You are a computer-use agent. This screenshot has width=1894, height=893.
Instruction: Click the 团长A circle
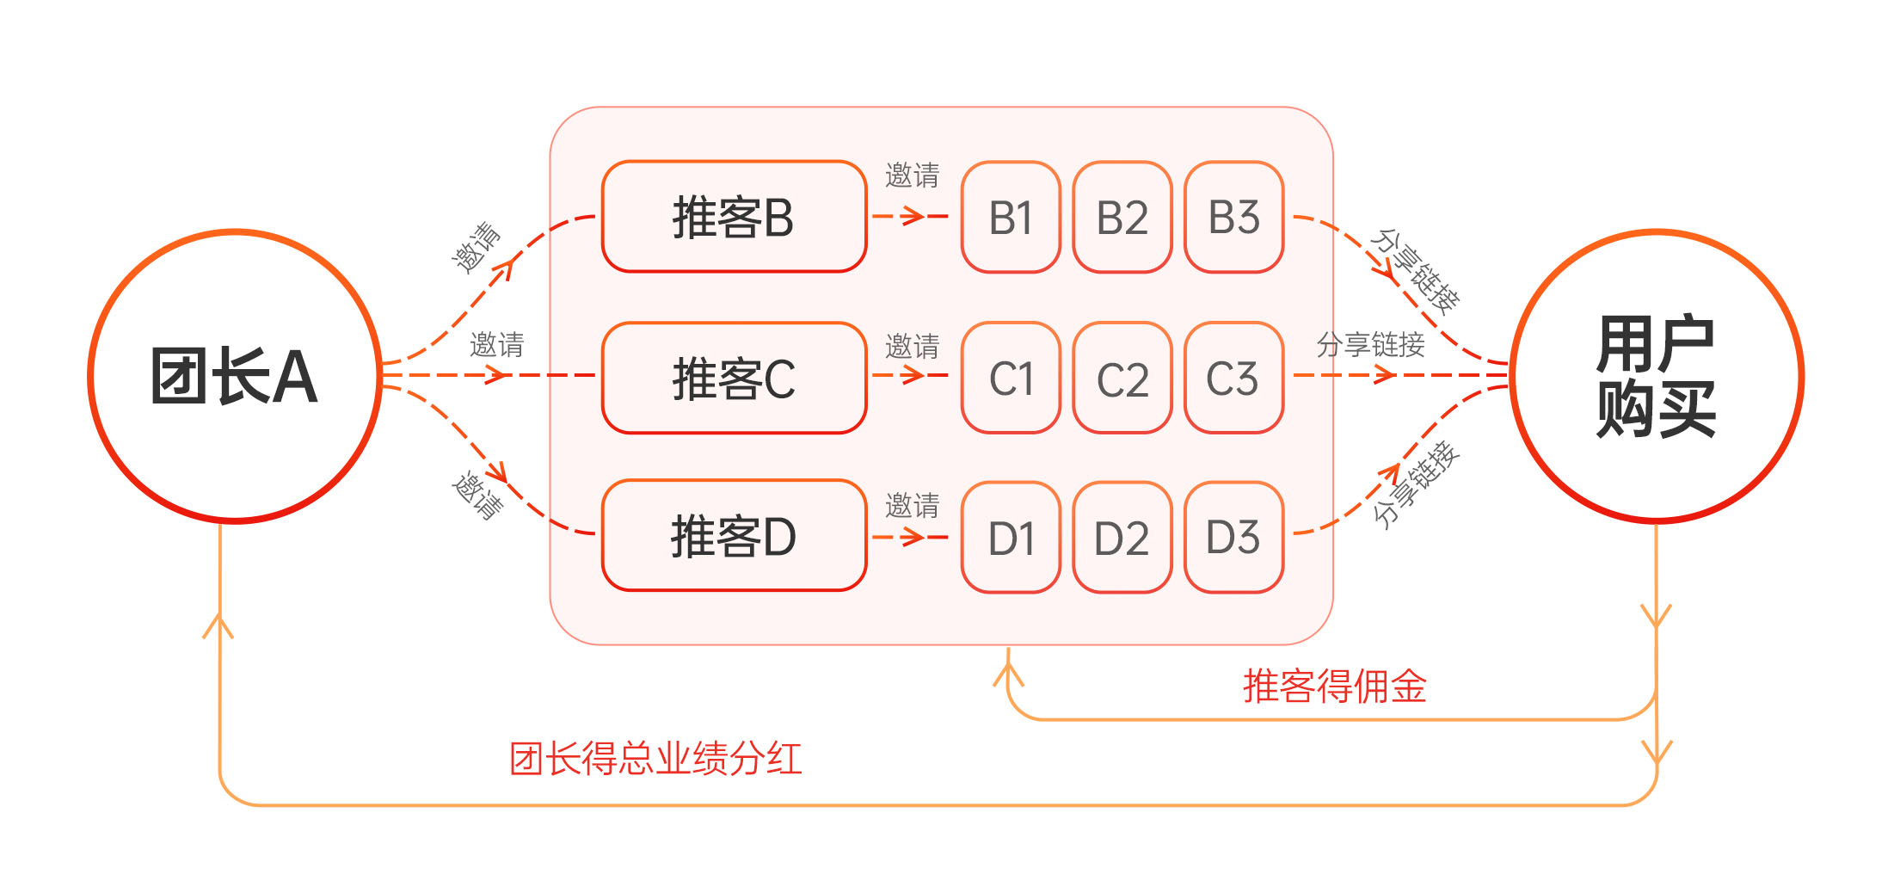click(235, 376)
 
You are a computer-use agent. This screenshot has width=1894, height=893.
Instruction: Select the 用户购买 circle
click(1656, 376)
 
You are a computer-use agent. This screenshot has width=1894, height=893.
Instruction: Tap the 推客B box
click(734, 217)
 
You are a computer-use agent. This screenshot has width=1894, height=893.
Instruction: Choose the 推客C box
click(734, 378)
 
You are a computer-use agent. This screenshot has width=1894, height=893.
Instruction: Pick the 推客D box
click(734, 536)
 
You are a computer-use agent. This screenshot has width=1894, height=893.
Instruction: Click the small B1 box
click(1011, 218)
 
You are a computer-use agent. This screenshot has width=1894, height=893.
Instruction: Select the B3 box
click(1233, 218)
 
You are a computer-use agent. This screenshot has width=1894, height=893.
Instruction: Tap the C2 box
click(1122, 379)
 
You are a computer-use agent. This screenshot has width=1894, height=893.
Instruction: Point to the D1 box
click(1011, 538)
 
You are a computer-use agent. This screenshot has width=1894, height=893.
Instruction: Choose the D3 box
click(1233, 538)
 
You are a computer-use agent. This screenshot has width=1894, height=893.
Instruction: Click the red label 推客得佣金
click(1334, 687)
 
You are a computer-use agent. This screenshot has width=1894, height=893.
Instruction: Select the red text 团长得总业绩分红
click(655, 759)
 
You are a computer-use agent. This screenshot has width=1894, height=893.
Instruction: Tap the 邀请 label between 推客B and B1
click(912, 176)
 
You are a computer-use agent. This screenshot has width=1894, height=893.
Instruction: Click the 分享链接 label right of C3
click(1370, 345)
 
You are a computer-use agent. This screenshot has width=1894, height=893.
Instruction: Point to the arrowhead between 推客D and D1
click(913, 538)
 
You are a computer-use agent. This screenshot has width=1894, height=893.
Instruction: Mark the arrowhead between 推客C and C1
click(913, 375)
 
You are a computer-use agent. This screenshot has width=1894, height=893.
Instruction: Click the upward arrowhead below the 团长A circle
click(218, 626)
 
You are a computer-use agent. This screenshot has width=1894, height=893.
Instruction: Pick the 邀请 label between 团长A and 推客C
click(496, 345)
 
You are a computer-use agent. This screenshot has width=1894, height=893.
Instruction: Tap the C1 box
click(1011, 379)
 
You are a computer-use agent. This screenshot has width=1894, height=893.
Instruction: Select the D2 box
click(1122, 538)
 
